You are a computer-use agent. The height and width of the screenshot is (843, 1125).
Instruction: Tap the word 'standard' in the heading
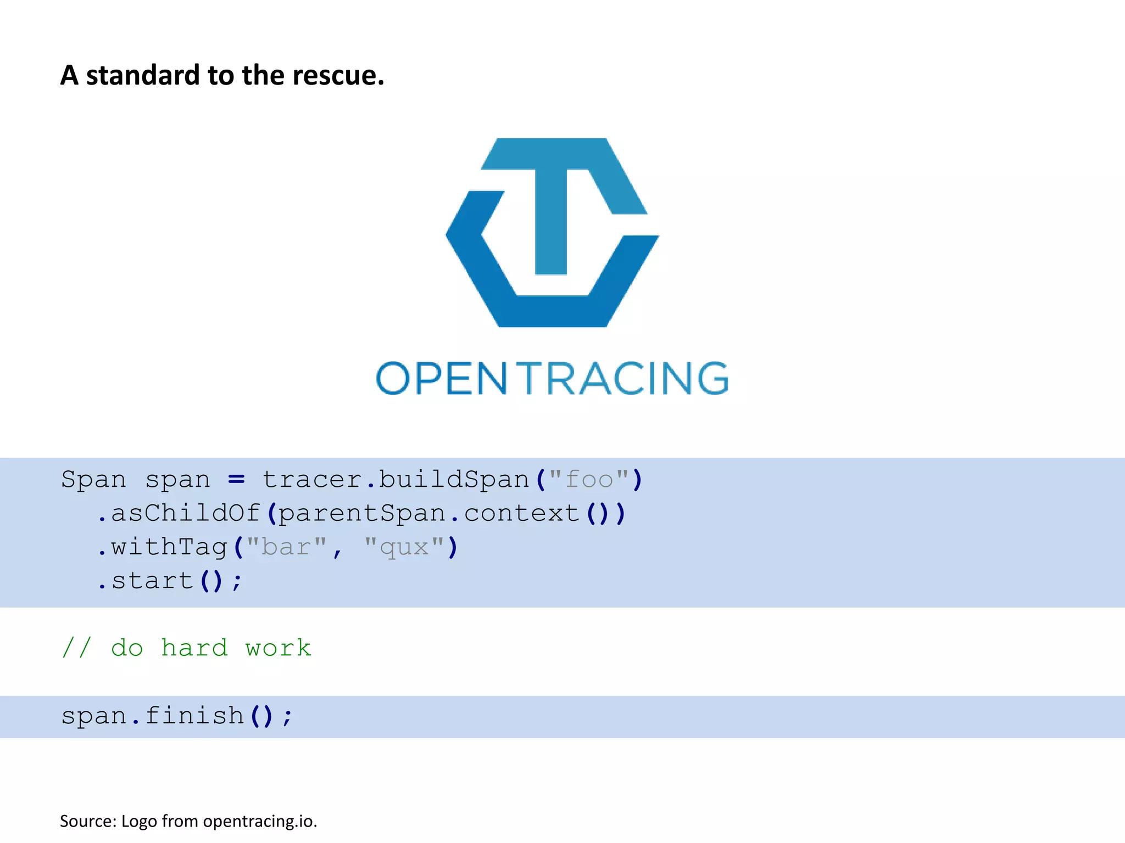(143, 75)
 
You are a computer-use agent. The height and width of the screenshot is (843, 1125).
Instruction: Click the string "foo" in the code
(589, 480)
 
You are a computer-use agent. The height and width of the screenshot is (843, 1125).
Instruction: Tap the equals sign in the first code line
(236, 480)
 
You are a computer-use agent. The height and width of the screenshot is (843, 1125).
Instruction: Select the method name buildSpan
(454, 480)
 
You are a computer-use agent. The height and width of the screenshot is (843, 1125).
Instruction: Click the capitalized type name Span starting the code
(93, 480)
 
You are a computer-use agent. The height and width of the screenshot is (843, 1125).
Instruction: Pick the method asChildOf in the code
(186, 514)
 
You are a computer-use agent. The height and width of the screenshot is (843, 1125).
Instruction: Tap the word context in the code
(522, 514)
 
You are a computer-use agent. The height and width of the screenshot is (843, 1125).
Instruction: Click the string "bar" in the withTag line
(286, 548)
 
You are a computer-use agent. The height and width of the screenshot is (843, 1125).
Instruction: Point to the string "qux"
(404, 548)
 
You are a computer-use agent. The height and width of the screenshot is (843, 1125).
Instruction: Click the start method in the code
(152, 581)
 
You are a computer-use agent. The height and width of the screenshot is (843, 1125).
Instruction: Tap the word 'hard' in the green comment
(194, 649)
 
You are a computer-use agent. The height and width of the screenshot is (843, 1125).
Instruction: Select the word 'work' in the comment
(278, 649)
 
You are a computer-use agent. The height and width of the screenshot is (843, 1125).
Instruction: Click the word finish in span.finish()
(194, 716)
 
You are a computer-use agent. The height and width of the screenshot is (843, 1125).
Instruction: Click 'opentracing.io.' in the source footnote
(260, 822)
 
